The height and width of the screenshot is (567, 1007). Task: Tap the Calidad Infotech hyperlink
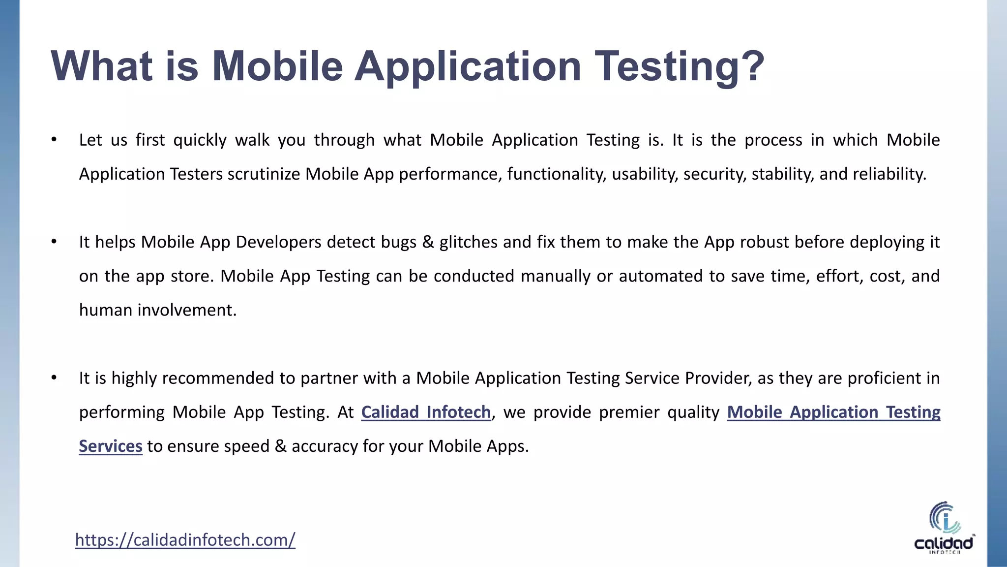(426, 412)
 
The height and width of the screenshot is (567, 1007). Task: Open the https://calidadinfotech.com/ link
(185, 540)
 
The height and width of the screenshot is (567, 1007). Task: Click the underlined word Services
(111, 446)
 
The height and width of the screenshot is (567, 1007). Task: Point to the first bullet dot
(54, 140)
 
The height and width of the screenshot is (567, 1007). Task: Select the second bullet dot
(54, 242)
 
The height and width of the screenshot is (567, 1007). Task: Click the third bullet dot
(54, 378)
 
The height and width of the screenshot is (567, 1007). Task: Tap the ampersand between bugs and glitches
(428, 242)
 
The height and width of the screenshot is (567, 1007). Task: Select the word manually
(556, 276)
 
